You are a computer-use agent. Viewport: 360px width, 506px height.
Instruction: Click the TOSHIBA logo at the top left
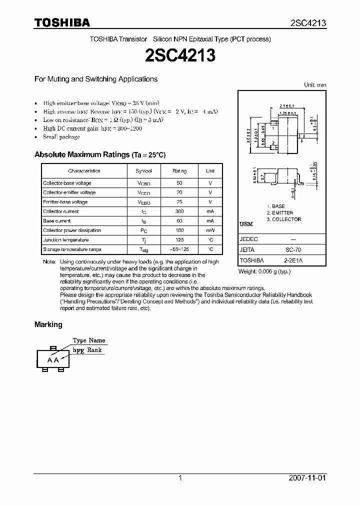point(62,22)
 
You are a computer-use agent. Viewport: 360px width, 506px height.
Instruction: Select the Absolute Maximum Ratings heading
point(100,155)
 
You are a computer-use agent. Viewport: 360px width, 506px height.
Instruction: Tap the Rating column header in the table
point(179,171)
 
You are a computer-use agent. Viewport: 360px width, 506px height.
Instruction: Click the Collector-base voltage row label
point(67,183)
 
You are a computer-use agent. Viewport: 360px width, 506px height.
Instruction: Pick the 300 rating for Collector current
point(179,211)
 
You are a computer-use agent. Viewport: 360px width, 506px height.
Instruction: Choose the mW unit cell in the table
point(210,230)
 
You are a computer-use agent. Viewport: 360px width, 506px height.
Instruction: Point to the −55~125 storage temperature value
point(179,249)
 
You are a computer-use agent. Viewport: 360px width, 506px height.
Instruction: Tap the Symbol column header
point(143,171)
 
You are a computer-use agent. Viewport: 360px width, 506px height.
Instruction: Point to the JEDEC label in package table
point(248,239)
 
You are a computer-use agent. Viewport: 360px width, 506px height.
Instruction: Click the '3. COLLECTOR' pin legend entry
point(283,219)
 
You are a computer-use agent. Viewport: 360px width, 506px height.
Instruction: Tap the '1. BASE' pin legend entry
point(275,206)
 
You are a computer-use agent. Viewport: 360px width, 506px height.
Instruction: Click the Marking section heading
point(48,324)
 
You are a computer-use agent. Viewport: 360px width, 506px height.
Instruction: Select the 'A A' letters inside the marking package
point(53,360)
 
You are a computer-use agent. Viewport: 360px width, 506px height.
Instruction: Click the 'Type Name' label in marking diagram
point(89,340)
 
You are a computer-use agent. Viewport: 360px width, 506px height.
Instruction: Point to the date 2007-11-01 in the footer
point(307,478)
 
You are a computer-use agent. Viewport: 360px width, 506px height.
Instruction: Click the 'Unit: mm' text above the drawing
point(315,85)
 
